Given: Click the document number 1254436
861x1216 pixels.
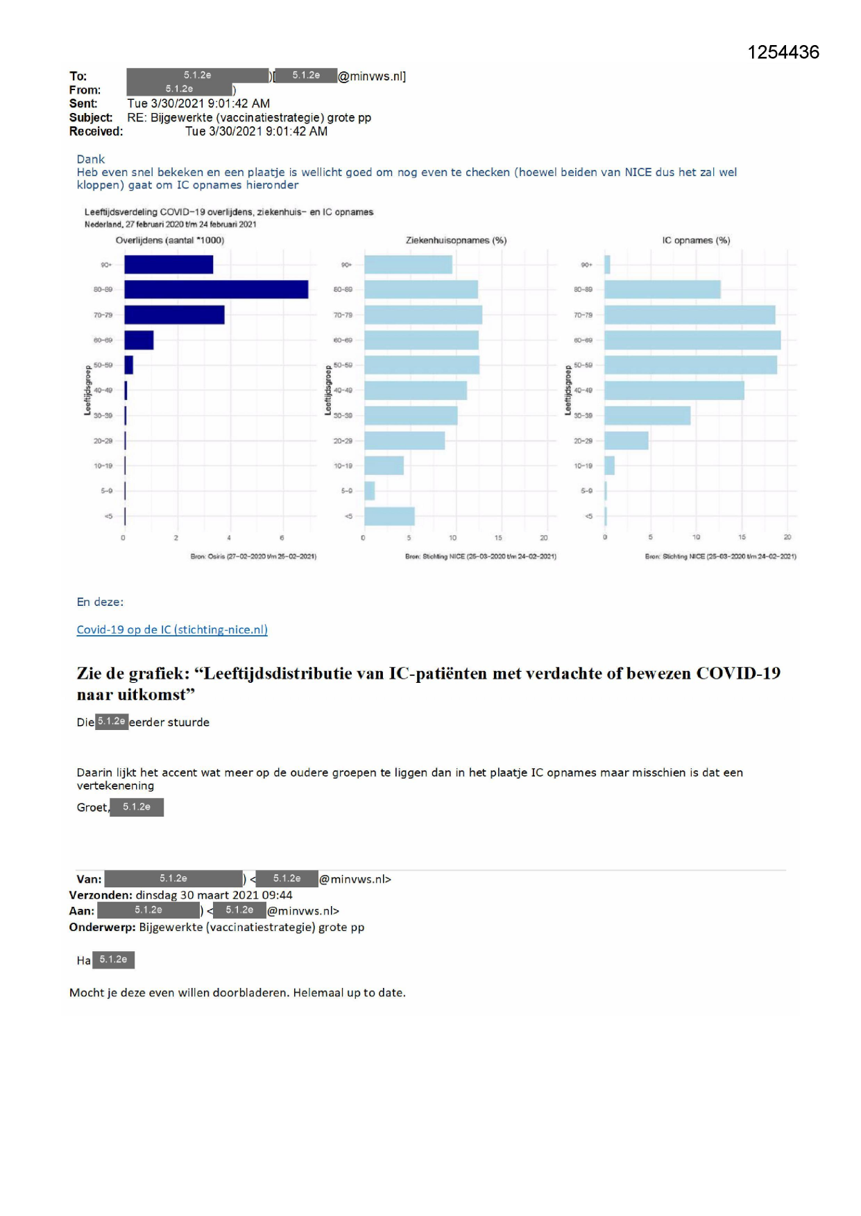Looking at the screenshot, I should tap(783, 53).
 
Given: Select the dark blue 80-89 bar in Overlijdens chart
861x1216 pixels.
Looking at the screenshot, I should tap(216, 289).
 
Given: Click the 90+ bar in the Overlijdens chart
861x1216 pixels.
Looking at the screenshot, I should tap(169, 265).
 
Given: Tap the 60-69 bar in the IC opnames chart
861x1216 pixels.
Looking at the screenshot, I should tap(692, 340).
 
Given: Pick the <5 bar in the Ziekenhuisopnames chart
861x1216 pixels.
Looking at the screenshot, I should tap(389, 516).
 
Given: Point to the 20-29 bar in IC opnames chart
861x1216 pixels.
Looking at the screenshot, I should tap(626, 441).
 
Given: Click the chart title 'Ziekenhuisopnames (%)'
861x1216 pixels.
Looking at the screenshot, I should tap(456, 241).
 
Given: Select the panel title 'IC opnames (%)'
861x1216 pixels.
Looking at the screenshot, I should tap(696, 241).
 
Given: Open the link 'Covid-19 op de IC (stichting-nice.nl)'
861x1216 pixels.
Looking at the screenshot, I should tap(172, 629).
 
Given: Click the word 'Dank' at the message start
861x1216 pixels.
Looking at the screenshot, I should tap(91, 159).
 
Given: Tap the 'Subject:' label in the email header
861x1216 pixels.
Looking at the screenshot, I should tap(90, 118).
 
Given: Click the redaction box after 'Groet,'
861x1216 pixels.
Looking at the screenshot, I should tap(137, 807).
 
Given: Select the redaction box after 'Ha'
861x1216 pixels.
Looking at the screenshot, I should tap(113, 959).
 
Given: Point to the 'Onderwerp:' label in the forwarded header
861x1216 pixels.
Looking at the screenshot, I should tap(102, 927).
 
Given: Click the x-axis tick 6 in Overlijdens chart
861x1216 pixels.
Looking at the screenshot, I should tap(282, 538).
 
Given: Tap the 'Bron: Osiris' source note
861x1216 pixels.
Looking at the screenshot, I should tap(253, 557).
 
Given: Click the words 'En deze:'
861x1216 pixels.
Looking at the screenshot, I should tap(100, 602).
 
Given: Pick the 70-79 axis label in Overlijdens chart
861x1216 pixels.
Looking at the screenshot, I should tap(103, 315).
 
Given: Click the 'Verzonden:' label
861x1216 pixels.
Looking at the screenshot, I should tap(101, 895).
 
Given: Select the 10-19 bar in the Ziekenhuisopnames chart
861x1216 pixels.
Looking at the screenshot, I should tap(384, 466).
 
